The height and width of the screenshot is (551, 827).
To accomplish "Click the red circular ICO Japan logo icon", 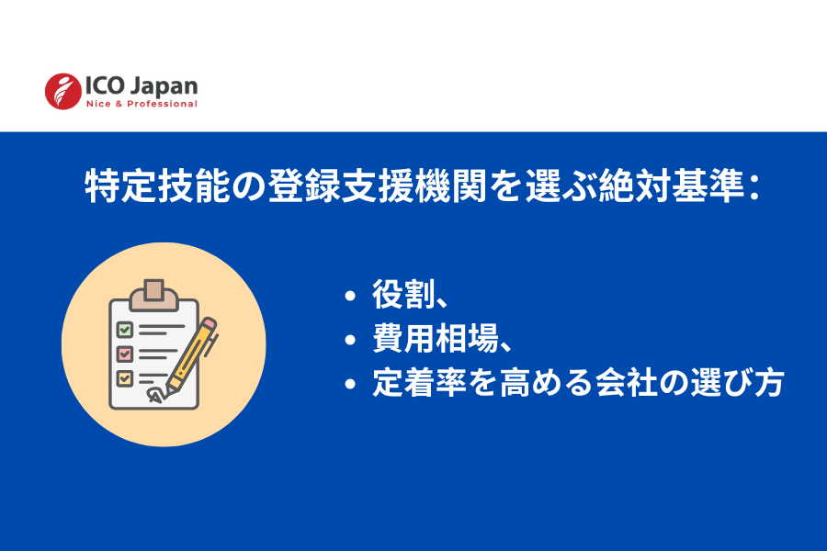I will [x=63, y=91].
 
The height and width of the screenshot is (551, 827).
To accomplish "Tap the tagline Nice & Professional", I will [x=141, y=104].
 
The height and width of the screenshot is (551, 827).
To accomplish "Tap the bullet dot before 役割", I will [x=350, y=297].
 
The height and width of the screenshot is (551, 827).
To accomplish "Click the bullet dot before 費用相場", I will [x=350, y=341].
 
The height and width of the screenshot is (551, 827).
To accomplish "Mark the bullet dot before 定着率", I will [x=350, y=385].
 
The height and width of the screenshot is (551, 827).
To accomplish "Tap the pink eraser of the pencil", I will [x=210, y=324].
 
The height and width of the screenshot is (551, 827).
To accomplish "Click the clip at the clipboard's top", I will [x=154, y=294].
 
